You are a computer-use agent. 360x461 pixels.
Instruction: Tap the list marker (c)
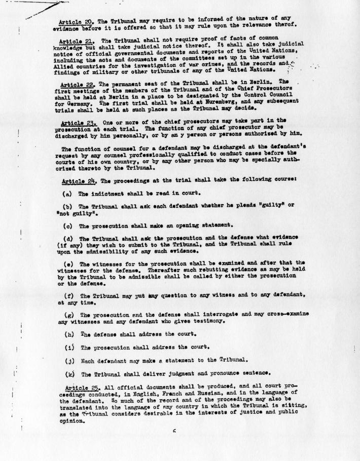[67, 225]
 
